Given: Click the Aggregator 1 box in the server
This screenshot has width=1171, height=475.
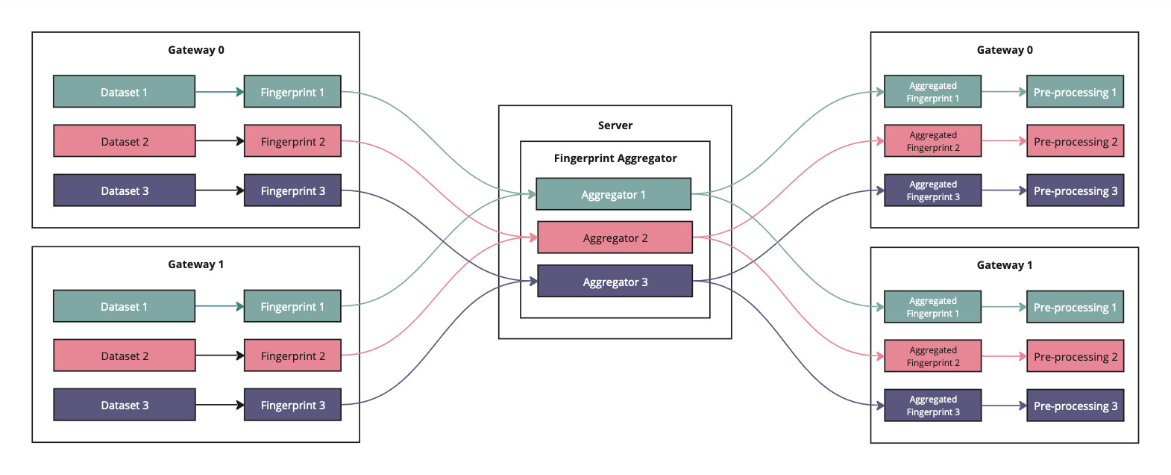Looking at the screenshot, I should point(613,194).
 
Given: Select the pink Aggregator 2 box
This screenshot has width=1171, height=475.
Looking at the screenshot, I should point(615,237).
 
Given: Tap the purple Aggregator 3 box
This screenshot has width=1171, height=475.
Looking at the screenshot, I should point(615,282).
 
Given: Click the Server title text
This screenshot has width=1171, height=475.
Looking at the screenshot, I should point(615,125).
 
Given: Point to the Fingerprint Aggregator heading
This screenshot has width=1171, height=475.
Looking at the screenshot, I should point(615,158).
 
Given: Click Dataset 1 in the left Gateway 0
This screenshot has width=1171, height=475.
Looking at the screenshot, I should point(124,92).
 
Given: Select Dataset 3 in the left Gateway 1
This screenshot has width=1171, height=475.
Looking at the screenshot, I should point(124,405).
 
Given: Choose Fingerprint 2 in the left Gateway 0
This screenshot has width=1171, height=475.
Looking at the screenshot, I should point(292,141).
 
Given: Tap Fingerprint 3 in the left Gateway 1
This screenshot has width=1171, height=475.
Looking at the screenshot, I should point(292,405).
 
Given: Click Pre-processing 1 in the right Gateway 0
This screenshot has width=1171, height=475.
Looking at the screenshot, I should point(1074,92).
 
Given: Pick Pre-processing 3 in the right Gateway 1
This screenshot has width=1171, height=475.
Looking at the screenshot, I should point(1074,406).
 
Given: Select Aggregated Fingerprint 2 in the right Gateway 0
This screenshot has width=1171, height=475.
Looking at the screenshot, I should point(932,141).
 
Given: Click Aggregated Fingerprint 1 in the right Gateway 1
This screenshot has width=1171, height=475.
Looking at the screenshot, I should point(932,307).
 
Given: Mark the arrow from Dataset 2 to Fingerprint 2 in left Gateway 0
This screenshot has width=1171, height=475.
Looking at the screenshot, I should point(219,141).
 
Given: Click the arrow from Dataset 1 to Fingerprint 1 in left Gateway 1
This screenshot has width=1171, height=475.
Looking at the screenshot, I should point(219,306).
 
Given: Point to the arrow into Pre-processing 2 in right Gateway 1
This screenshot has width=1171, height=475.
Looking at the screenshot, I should point(1003,356).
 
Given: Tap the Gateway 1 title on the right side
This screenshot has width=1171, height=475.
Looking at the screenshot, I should point(1004,265).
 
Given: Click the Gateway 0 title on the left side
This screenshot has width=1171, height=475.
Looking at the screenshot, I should point(195,50).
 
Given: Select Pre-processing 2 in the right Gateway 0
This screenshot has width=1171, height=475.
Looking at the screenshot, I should point(1074,141).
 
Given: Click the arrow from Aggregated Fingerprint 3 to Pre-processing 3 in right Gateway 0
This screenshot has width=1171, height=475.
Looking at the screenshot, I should point(1003,190).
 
